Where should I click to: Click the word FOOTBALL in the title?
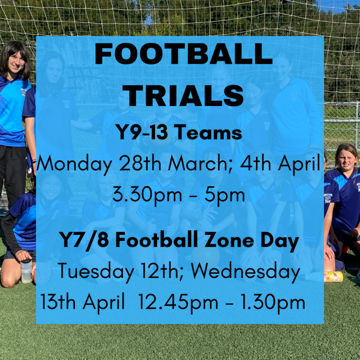pos(184,53)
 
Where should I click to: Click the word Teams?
pos(210,132)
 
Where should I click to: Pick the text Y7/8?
pos(84,240)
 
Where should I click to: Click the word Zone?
pos(229,240)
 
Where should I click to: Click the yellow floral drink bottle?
pos(333,277)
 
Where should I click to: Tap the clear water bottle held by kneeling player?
pos(26,271)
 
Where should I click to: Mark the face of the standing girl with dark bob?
pos(16,61)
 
